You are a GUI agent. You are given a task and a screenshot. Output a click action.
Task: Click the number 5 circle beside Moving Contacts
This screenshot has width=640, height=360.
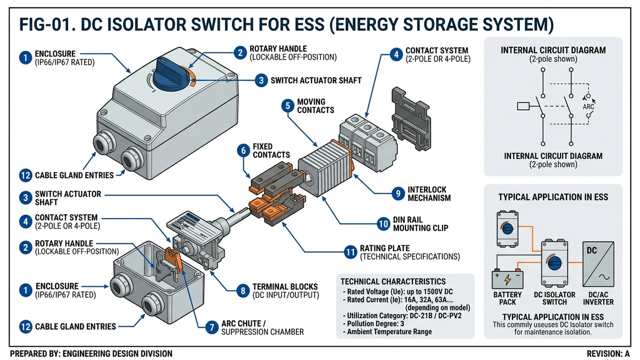pyautogui.click(x=288, y=106)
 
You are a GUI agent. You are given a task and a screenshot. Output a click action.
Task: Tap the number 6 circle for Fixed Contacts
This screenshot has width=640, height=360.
pyautogui.click(x=244, y=151)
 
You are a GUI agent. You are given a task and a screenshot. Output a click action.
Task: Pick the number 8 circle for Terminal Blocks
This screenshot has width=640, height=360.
pyautogui.click(x=243, y=291)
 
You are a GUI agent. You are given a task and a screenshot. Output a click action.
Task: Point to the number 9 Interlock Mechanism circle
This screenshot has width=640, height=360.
pyautogui.click(x=398, y=194)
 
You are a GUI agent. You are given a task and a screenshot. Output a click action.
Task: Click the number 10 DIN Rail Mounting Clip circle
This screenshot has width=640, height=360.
pyautogui.click(x=383, y=223)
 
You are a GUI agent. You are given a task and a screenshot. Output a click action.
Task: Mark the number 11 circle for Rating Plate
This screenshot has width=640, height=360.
pyautogui.click(x=350, y=252)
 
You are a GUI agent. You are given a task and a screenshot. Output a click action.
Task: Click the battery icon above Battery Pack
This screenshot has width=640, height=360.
pyautogui.click(x=508, y=279)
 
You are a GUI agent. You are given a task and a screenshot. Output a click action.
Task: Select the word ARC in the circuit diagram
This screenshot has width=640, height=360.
pyautogui.click(x=588, y=106)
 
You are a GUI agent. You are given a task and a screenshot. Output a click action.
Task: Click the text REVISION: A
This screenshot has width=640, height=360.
pyautogui.click(x=608, y=354)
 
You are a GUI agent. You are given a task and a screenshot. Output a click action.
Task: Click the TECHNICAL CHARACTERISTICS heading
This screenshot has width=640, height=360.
pyautogui.click(x=393, y=281)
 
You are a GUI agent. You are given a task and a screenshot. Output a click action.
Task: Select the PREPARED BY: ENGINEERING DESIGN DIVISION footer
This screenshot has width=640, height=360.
pyautogui.click(x=91, y=354)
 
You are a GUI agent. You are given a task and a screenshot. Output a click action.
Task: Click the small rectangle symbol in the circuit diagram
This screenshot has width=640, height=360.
pyautogui.click(x=524, y=106)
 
